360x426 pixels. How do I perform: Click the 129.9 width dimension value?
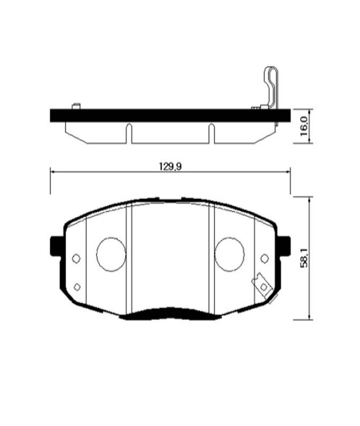(170, 166)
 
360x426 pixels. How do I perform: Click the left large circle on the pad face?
(111, 254)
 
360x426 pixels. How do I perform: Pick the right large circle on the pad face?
(229, 254)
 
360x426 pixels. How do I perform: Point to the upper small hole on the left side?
(77, 258)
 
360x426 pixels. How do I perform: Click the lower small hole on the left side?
(77, 286)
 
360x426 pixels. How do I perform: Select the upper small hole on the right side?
(265, 258)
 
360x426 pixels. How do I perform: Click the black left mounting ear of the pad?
(54, 246)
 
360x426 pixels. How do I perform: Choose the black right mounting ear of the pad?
(286, 246)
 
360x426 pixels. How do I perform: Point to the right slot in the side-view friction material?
(212, 132)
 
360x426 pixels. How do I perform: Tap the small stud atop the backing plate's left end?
(75, 106)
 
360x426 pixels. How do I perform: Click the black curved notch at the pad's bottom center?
(170, 312)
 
